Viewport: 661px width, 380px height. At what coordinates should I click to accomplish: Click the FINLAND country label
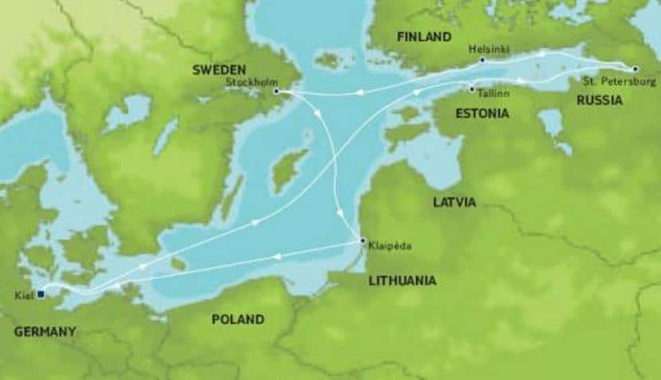[x=424, y=37]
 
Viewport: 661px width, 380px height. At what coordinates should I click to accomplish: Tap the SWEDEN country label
[x=219, y=70]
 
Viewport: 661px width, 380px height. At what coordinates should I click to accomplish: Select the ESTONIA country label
[x=481, y=113]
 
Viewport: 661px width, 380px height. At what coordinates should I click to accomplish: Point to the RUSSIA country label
[x=599, y=101]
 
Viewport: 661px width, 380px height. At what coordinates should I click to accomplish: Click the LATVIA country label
[x=454, y=202]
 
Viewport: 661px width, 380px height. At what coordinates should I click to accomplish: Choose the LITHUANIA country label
[x=401, y=280]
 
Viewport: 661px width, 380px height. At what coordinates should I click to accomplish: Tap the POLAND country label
[x=237, y=319]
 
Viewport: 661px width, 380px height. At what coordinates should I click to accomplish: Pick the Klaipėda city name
[x=389, y=248]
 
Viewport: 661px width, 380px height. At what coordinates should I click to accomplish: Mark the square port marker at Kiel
[x=41, y=294]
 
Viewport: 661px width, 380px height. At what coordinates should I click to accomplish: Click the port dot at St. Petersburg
[x=635, y=68]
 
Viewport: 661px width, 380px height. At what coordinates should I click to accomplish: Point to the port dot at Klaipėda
[x=362, y=241]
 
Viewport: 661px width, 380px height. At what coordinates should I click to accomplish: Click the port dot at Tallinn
[x=472, y=88]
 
